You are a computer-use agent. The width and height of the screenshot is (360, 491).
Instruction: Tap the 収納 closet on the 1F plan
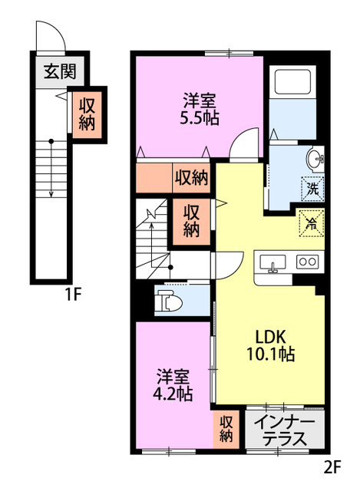[87, 113]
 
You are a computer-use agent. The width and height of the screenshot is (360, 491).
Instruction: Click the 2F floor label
[332, 465]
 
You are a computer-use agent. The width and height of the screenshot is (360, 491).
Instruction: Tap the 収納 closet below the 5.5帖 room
[190, 178]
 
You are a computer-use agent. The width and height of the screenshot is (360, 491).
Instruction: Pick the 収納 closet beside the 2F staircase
[191, 219]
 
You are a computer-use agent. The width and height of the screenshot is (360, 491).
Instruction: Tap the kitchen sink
[272, 263]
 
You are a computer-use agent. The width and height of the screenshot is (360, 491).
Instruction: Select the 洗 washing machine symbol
[313, 186]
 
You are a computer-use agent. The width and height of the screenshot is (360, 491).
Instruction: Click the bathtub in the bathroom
[292, 82]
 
